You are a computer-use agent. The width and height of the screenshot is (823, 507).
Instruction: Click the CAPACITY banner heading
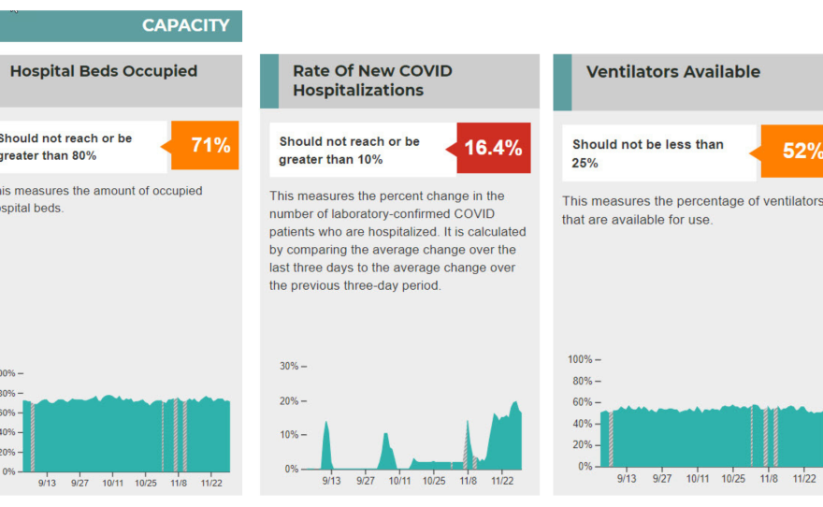[x=185, y=25]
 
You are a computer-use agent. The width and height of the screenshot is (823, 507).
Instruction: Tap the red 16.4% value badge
[x=493, y=148]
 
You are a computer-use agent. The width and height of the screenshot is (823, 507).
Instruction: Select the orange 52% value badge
[x=795, y=151]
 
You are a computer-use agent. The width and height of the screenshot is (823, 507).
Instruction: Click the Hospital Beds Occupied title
[x=104, y=71]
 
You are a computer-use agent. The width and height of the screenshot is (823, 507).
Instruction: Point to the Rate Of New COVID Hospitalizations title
[x=371, y=80]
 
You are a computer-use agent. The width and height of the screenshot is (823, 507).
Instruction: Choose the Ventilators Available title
[x=672, y=72]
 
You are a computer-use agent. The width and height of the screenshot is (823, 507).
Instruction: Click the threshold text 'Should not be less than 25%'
[x=648, y=153]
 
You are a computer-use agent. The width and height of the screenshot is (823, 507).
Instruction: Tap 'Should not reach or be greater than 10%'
[x=350, y=151]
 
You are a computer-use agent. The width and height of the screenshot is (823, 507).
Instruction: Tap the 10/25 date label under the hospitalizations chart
[x=434, y=481]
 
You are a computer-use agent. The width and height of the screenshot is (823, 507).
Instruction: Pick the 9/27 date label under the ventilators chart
[x=662, y=478]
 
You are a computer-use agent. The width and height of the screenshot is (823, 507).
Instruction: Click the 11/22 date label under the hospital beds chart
[x=211, y=483]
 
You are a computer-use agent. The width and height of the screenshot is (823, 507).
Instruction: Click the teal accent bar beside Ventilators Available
[x=562, y=82]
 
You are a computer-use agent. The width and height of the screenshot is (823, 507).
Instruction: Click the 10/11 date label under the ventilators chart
[x=698, y=478]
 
